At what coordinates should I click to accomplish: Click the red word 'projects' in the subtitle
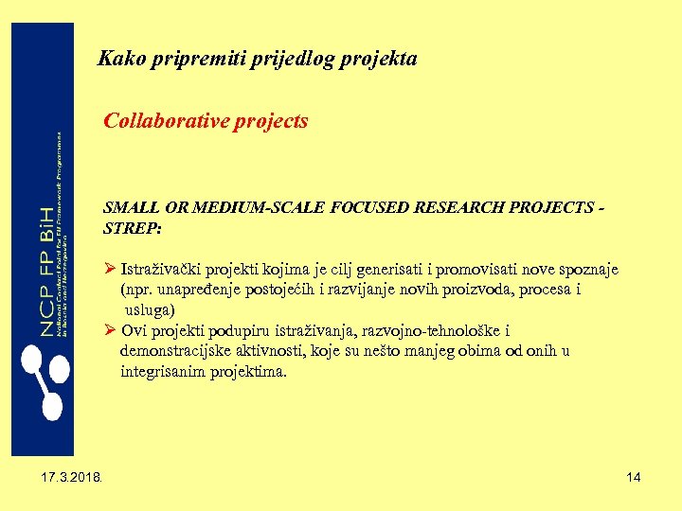point(269,122)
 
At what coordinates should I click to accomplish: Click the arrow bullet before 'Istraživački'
point(110,270)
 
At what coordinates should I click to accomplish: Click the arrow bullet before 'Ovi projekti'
point(110,330)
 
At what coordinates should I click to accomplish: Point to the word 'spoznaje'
point(588,270)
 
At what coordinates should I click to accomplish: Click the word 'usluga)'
point(151,309)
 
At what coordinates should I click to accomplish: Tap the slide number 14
point(634,477)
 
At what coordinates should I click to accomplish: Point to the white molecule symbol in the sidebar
point(40,379)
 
